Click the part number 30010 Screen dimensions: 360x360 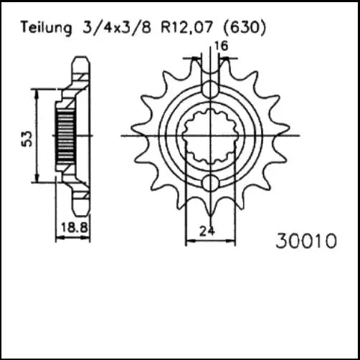(305, 242)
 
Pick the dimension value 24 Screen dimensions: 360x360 (207, 231)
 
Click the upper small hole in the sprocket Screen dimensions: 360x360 (209, 90)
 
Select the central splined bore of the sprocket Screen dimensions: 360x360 (209, 136)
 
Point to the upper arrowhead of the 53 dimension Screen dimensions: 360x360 (37, 92)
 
